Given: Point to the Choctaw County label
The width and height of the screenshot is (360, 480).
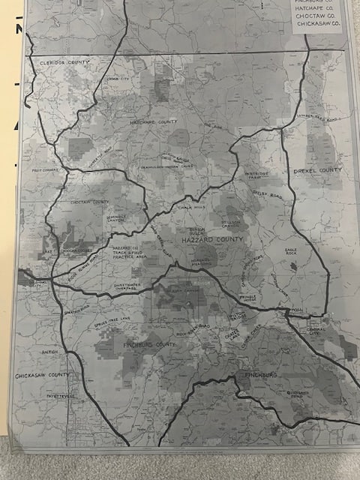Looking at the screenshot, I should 90,202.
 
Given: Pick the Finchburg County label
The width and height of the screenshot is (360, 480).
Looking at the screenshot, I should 148,343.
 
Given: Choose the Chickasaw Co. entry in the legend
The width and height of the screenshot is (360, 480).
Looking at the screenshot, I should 315,24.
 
